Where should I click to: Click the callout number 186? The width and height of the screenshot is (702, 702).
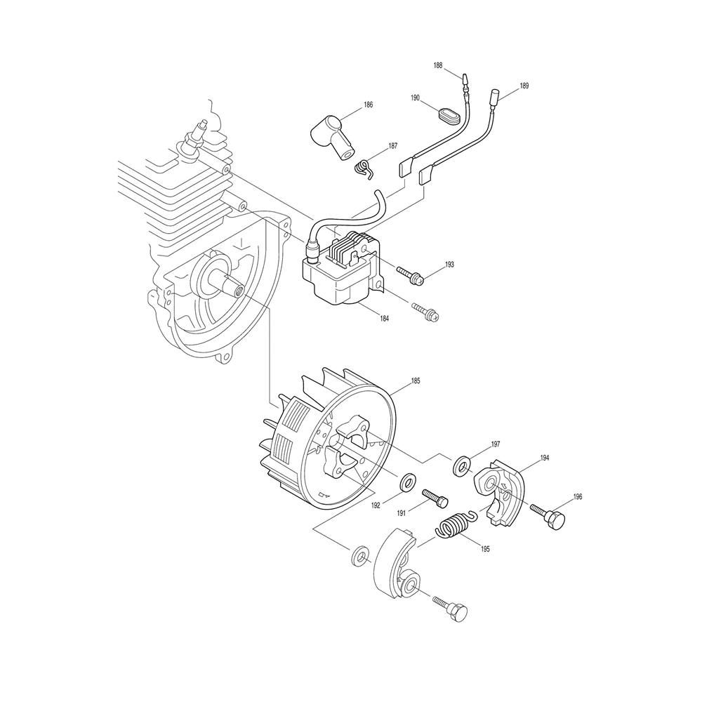(368, 105)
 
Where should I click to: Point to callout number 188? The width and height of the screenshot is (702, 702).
(437, 65)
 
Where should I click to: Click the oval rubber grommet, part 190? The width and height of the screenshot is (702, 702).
(448, 114)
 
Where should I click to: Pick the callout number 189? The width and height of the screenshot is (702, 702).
(524, 86)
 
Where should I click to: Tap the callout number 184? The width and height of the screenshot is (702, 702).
(384, 318)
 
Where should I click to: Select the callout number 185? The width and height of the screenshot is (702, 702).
(415, 382)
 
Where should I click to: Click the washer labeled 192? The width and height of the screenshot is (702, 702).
(407, 482)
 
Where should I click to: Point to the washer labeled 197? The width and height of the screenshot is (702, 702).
(462, 468)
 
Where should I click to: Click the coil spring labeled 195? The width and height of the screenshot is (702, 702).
(454, 524)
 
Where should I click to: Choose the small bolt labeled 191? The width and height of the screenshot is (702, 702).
(435, 498)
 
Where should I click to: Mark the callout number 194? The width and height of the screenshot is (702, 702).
(545, 458)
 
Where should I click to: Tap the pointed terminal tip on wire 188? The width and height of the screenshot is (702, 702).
(464, 80)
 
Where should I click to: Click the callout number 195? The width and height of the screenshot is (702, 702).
(485, 549)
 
